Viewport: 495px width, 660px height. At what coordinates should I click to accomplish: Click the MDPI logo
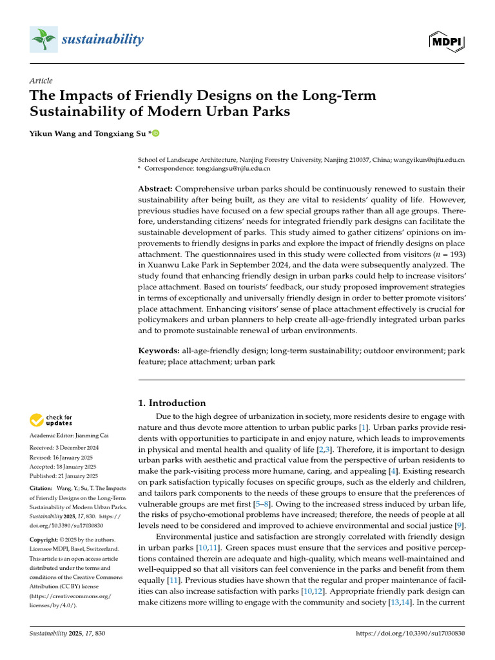tap(447, 41)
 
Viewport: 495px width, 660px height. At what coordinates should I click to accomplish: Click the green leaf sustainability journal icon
tap(43, 40)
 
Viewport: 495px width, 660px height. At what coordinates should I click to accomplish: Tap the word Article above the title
tap(41, 81)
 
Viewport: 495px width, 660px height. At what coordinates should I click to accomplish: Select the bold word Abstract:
tap(155, 189)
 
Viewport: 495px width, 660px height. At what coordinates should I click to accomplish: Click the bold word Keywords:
tap(159, 351)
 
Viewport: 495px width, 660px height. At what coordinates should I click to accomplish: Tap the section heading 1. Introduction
tap(172, 403)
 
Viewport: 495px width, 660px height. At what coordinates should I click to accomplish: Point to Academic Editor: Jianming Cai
tap(69, 437)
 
